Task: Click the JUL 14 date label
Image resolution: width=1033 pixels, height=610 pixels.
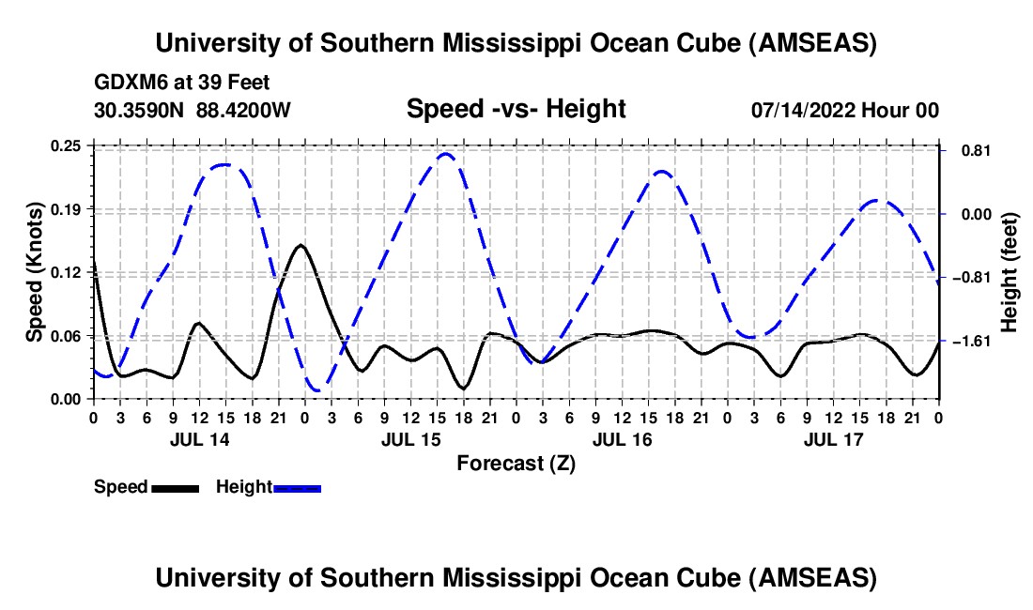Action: tap(199, 439)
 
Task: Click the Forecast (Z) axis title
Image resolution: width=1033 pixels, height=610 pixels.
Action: tap(516, 463)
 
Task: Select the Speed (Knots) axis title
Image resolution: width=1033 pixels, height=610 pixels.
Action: tap(35, 272)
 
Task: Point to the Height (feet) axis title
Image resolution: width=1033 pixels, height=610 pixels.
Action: tap(1010, 272)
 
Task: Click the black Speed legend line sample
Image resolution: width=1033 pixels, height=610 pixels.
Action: tap(174, 488)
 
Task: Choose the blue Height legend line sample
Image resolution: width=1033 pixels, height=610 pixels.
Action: tap(297, 488)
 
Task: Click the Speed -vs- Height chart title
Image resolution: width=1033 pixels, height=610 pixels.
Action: tap(516, 110)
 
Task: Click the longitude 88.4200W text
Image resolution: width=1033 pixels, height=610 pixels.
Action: tap(243, 111)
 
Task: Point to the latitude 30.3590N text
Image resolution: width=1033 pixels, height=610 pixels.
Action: tap(140, 111)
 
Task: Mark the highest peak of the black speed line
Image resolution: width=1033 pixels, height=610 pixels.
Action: tap(301, 245)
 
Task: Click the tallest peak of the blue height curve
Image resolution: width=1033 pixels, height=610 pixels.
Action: tap(446, 154)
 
